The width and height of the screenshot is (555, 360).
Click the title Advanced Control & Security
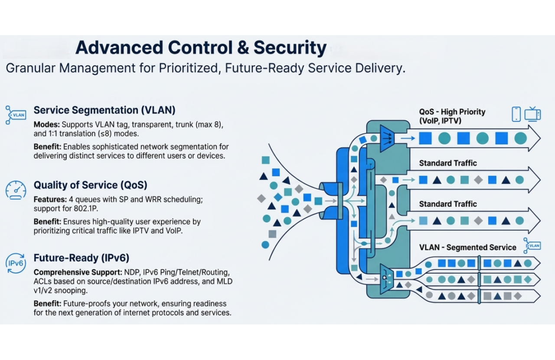coord(201,48)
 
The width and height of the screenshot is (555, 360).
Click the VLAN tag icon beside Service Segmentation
coord(16,115)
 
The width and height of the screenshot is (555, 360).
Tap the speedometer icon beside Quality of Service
coord(16,190)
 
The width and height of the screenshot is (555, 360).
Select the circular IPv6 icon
coord(16,263)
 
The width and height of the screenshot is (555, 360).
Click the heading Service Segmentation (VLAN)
coord(104,110)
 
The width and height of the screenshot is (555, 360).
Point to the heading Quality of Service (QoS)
coord(91,185)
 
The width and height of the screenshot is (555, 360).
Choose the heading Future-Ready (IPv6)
coord(82,258)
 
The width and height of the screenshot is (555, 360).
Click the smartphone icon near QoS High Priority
coord(516,114)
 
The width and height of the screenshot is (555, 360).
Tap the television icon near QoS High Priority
coord(532,114)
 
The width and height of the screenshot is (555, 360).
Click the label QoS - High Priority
coord(452,112)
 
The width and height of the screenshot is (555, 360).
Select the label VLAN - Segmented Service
coord(467,247)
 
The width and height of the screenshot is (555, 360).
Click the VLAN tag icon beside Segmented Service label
coord(532,245)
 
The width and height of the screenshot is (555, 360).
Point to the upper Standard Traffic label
coord(448,163)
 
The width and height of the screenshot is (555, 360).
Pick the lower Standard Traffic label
coord(448,204)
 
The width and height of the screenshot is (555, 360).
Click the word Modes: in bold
coord(46,124)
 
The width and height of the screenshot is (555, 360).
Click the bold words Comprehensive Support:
coord(78,272)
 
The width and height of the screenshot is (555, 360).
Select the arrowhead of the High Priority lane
coord(534,138)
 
